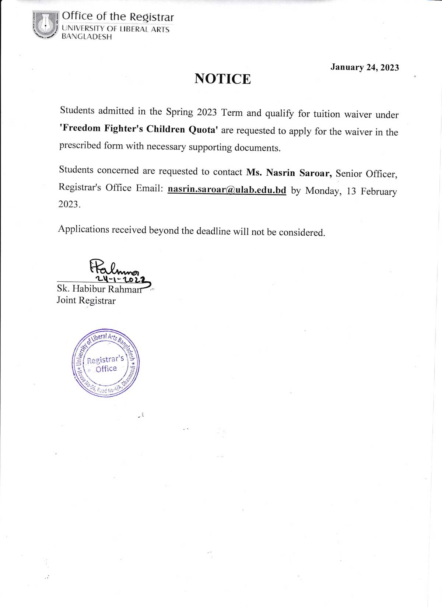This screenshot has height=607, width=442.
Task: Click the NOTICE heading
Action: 222,79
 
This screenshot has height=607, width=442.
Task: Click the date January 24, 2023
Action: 364,67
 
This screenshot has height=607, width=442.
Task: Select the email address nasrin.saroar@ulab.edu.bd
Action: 227,190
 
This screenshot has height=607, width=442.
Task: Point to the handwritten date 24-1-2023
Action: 120,280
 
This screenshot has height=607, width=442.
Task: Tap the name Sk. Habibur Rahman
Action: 99,289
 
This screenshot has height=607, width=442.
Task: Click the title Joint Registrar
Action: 86,301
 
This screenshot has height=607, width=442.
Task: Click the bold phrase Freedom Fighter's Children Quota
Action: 139,129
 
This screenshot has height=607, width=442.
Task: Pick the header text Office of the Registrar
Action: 117,16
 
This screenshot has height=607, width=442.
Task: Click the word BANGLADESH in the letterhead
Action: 87,37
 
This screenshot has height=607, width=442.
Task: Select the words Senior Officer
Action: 366,174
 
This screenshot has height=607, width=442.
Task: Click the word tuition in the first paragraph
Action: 327,114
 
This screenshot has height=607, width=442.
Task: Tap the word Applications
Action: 84,229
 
